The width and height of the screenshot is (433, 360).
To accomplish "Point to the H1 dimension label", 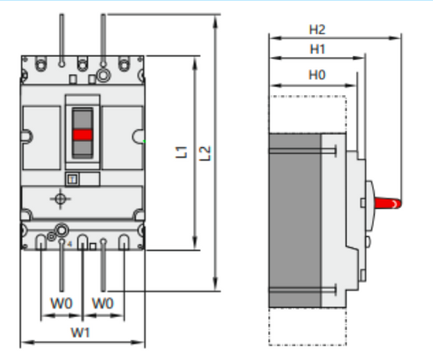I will click(318, 50).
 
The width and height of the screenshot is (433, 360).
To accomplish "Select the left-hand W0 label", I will click(62, 303).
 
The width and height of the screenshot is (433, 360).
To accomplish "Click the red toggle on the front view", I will click(83, 135).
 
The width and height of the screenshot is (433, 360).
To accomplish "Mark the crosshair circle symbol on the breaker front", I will click(59, 198).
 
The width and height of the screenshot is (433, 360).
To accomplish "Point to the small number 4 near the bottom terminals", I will click(71, 242).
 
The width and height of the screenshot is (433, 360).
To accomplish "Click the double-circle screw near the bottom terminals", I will click(59, 231).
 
